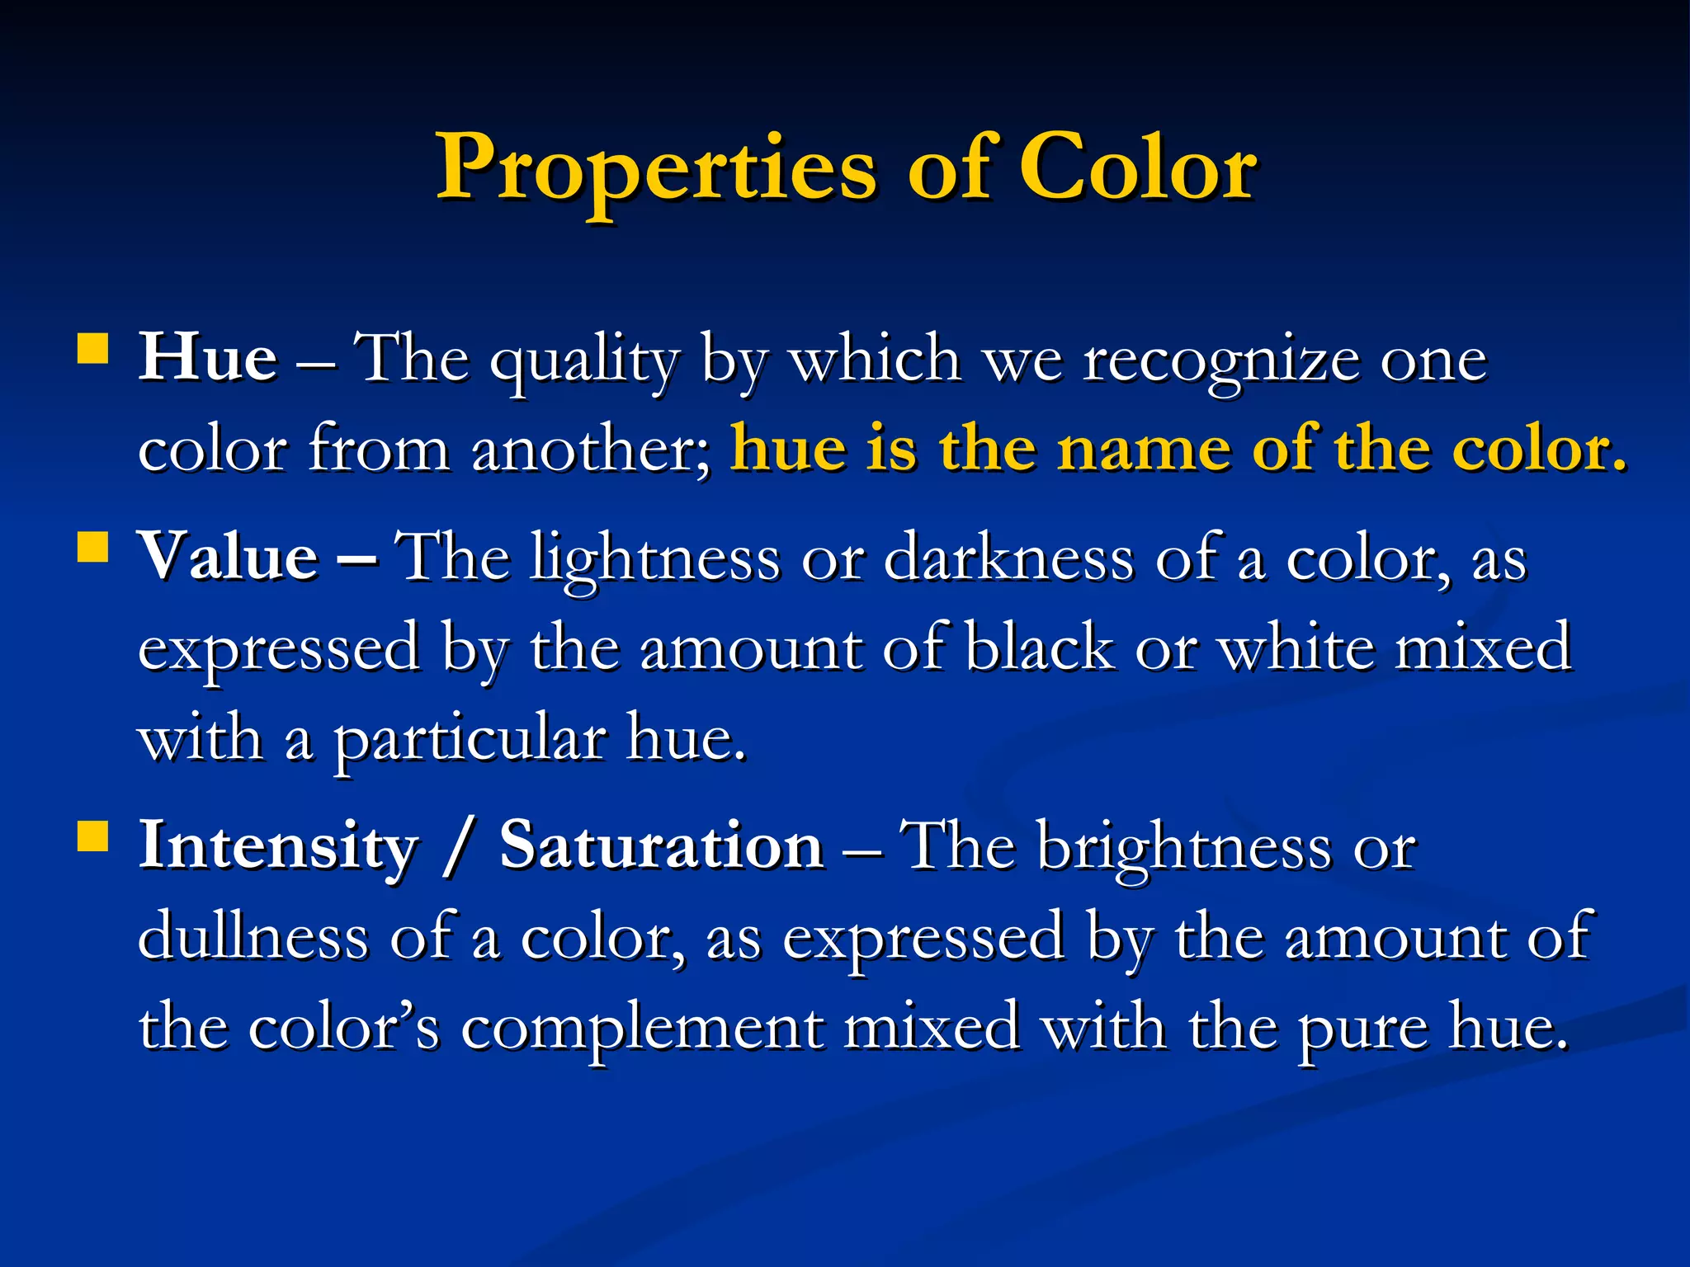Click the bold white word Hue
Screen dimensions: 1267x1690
pyautogui.click(x=208, y=359)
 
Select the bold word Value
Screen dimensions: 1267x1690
pyautogui.click(x=229, y=558)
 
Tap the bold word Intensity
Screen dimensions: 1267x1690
pyautogui.click(x=279, y=847)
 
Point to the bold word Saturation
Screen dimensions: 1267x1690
pyautogui.click(x=661, y=847)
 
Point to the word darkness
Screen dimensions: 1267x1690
pyautogui.click(x=1008, y=558)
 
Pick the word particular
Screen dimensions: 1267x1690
pyautogui.click(x=470, y=740)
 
